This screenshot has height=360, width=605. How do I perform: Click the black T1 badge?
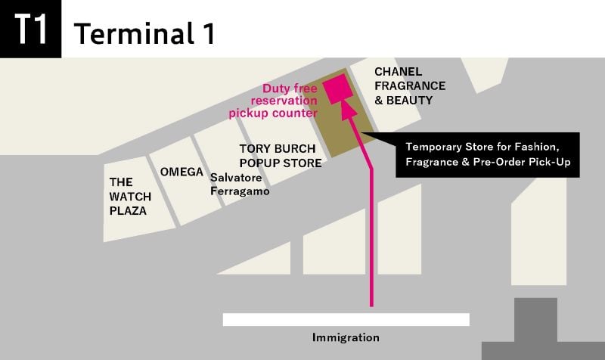coord(30,29)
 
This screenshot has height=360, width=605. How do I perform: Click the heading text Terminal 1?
coord(144,33)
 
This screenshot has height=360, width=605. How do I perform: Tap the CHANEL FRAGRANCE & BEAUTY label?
coord(410,85)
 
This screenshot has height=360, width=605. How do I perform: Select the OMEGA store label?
coord(181,172)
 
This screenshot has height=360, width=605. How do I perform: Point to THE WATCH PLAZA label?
coord(130,197)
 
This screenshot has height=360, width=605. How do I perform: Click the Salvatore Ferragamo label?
coord(240,185)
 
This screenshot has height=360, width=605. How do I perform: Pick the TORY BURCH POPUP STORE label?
coord(281,156)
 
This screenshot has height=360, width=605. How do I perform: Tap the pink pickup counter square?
coord(337,88)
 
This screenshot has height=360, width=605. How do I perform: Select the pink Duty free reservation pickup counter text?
coord(273,101)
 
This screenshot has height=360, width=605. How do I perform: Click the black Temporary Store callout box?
coord(487,155)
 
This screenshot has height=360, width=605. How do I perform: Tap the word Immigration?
coord(346,337)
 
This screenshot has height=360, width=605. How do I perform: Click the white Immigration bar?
coord(346,319)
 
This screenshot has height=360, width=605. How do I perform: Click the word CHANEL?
coord(399,72)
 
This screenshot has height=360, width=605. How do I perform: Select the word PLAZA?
coord(128,211)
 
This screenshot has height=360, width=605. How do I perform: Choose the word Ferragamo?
coord(240,191)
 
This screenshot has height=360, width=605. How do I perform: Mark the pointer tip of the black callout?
coord(361,133)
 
